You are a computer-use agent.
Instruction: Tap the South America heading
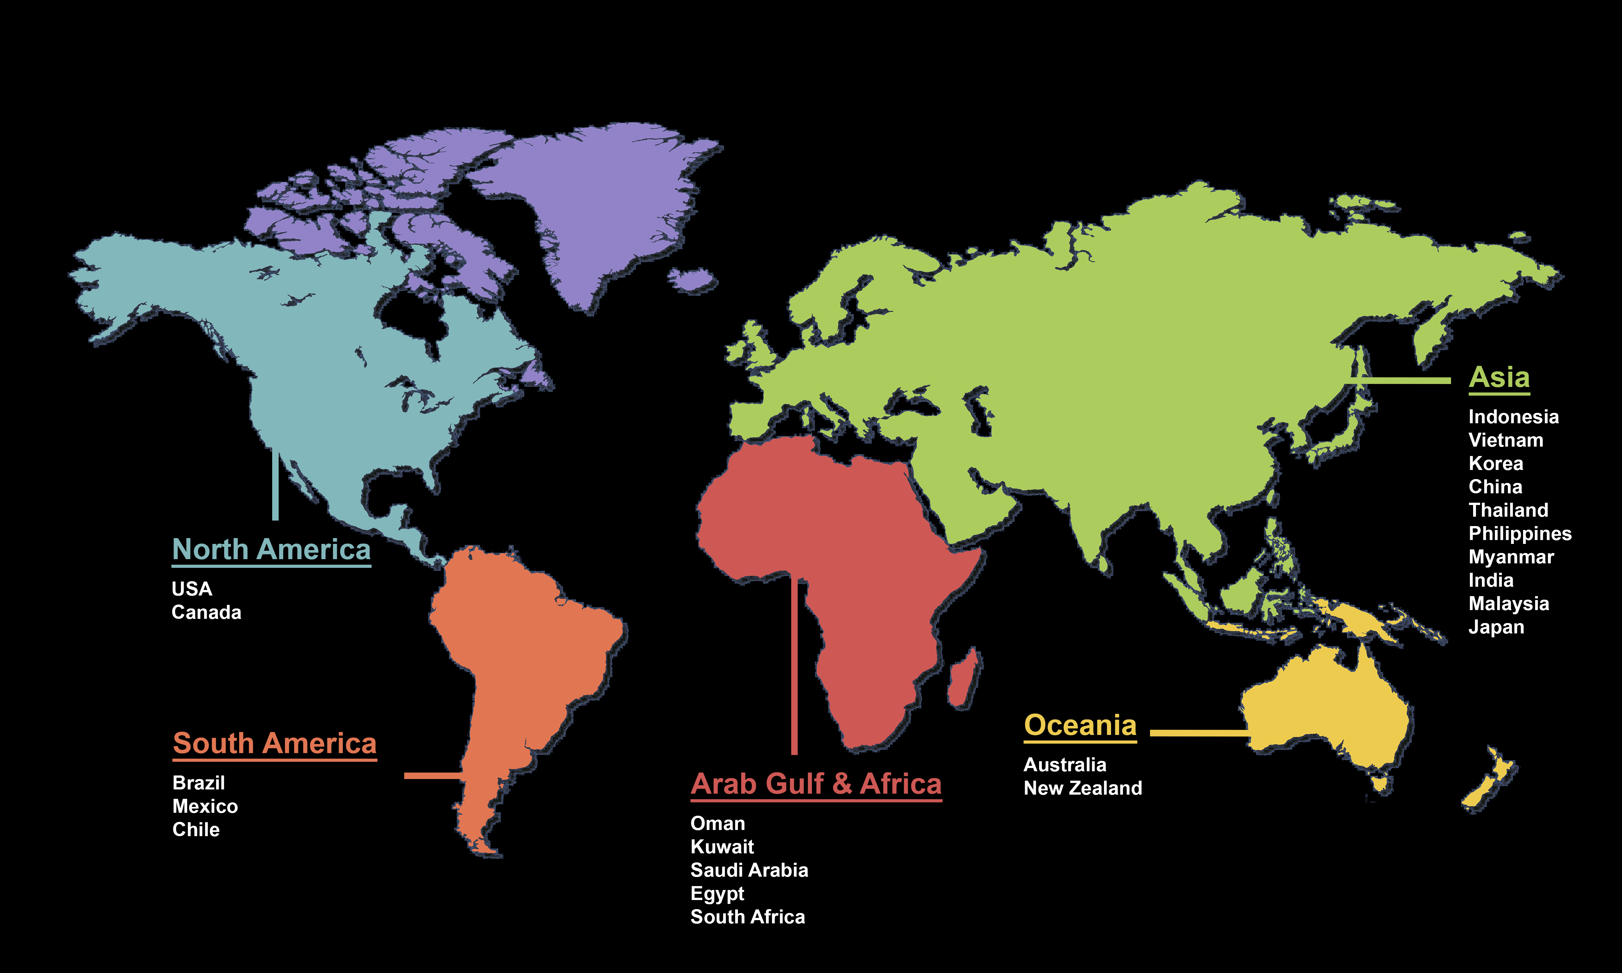pos(275,743)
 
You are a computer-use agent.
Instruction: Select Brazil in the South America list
pos(199,783)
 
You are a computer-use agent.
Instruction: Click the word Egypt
pos(717,894)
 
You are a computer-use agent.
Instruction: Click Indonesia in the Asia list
pos(1513,417)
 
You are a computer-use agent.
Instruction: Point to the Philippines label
pos(1520,534)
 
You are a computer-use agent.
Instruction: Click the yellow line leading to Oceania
pos(1198,732)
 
